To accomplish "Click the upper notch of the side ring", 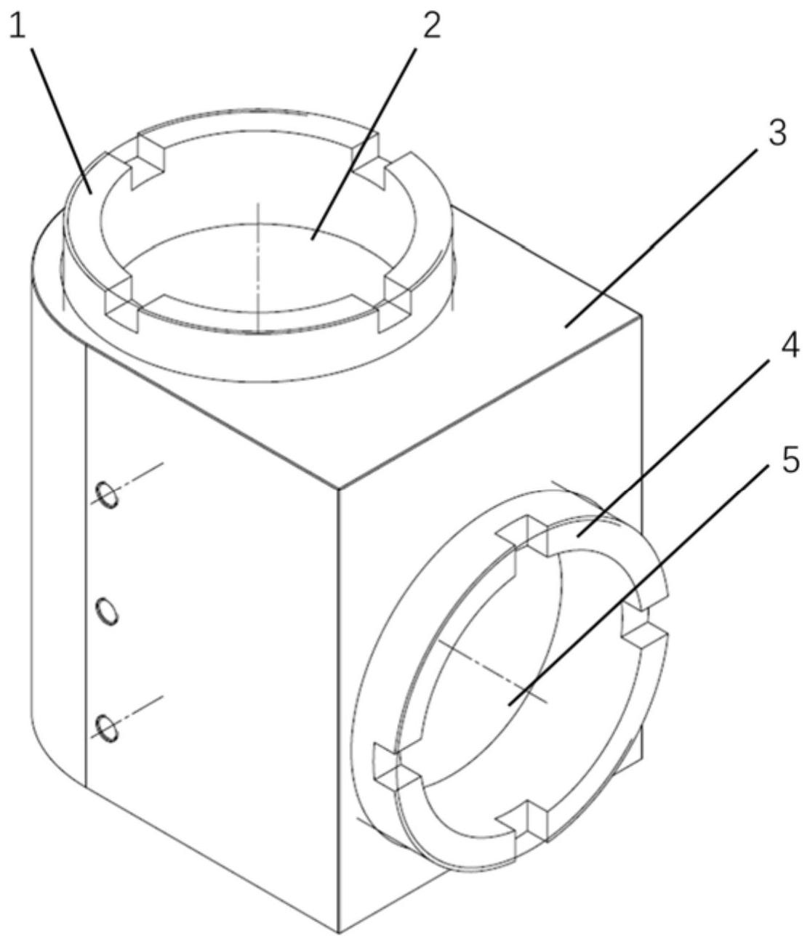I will (x=521, y=534).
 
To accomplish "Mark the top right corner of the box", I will (x=642, y=316).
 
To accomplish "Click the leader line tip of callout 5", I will (x=509, y=704).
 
